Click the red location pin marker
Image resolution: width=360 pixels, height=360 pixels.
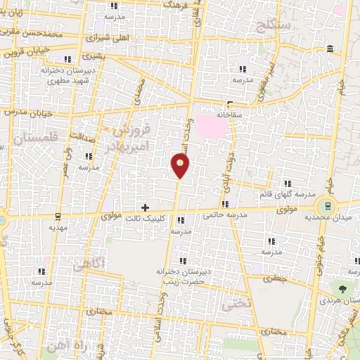pos(180,166)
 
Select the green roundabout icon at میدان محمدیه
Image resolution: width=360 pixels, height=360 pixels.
pos(326,207)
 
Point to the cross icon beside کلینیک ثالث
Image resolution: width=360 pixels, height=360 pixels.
pos(145,207)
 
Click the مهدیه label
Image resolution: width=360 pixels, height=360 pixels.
pos(58,228)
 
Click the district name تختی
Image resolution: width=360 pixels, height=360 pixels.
pos(231,306)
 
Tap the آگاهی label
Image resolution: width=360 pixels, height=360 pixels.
pos(90,262)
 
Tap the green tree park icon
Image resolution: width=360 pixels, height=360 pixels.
pos(342,289)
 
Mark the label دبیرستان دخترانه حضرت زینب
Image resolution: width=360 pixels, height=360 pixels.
pos(180,275)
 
